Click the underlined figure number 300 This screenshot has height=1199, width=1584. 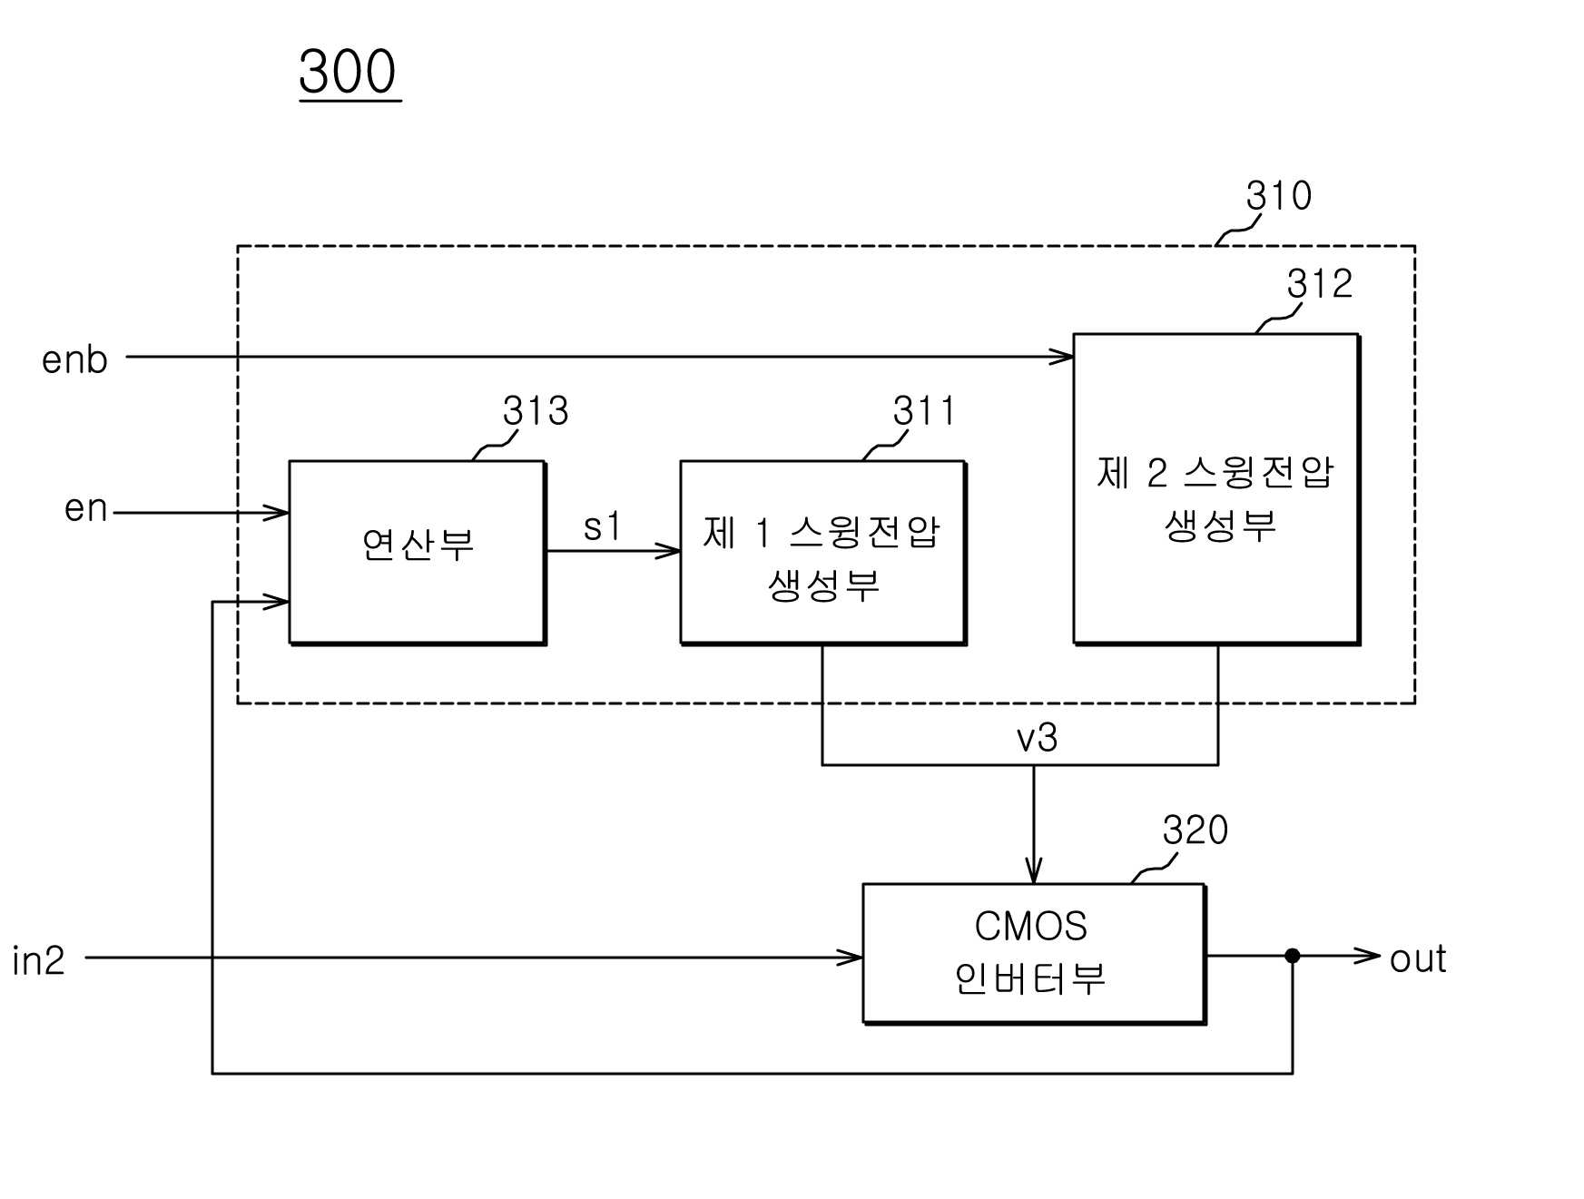click(x=349, y=72)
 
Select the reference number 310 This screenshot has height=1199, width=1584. click(x=1278, y=195)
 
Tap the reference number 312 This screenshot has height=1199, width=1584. click(x=1319, y=284)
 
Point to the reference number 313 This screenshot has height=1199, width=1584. click(x=536, y=411)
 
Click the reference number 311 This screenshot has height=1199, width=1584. click(x=924, y=411)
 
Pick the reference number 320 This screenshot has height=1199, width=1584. click(x=1195, y=830)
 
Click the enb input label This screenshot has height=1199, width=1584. click(x=74, y=359)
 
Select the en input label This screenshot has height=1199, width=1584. click(x=86, y=508)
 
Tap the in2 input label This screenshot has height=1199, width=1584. click(x=39, y=960)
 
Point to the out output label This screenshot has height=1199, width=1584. click(x=1418, y=959)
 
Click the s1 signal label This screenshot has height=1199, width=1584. click(x=602, y=526)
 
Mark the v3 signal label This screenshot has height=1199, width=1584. click(x=1037, y=738)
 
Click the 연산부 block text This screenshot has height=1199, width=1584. click(x=418, y=545)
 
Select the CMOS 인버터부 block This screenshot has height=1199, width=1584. click(x=1034, y=954)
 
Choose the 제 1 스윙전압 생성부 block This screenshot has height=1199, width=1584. click(x=823, y=553)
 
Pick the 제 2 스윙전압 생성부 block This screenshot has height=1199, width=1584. click(x=1216, y=489)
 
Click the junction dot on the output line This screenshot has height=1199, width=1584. click(x=1293, y=956)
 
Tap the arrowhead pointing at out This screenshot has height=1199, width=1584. click(x=1368, y=956)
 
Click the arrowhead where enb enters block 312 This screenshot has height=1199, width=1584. click(x=1061, y=357)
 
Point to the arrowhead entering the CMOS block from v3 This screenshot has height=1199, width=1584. click(x=1034, y=870)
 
